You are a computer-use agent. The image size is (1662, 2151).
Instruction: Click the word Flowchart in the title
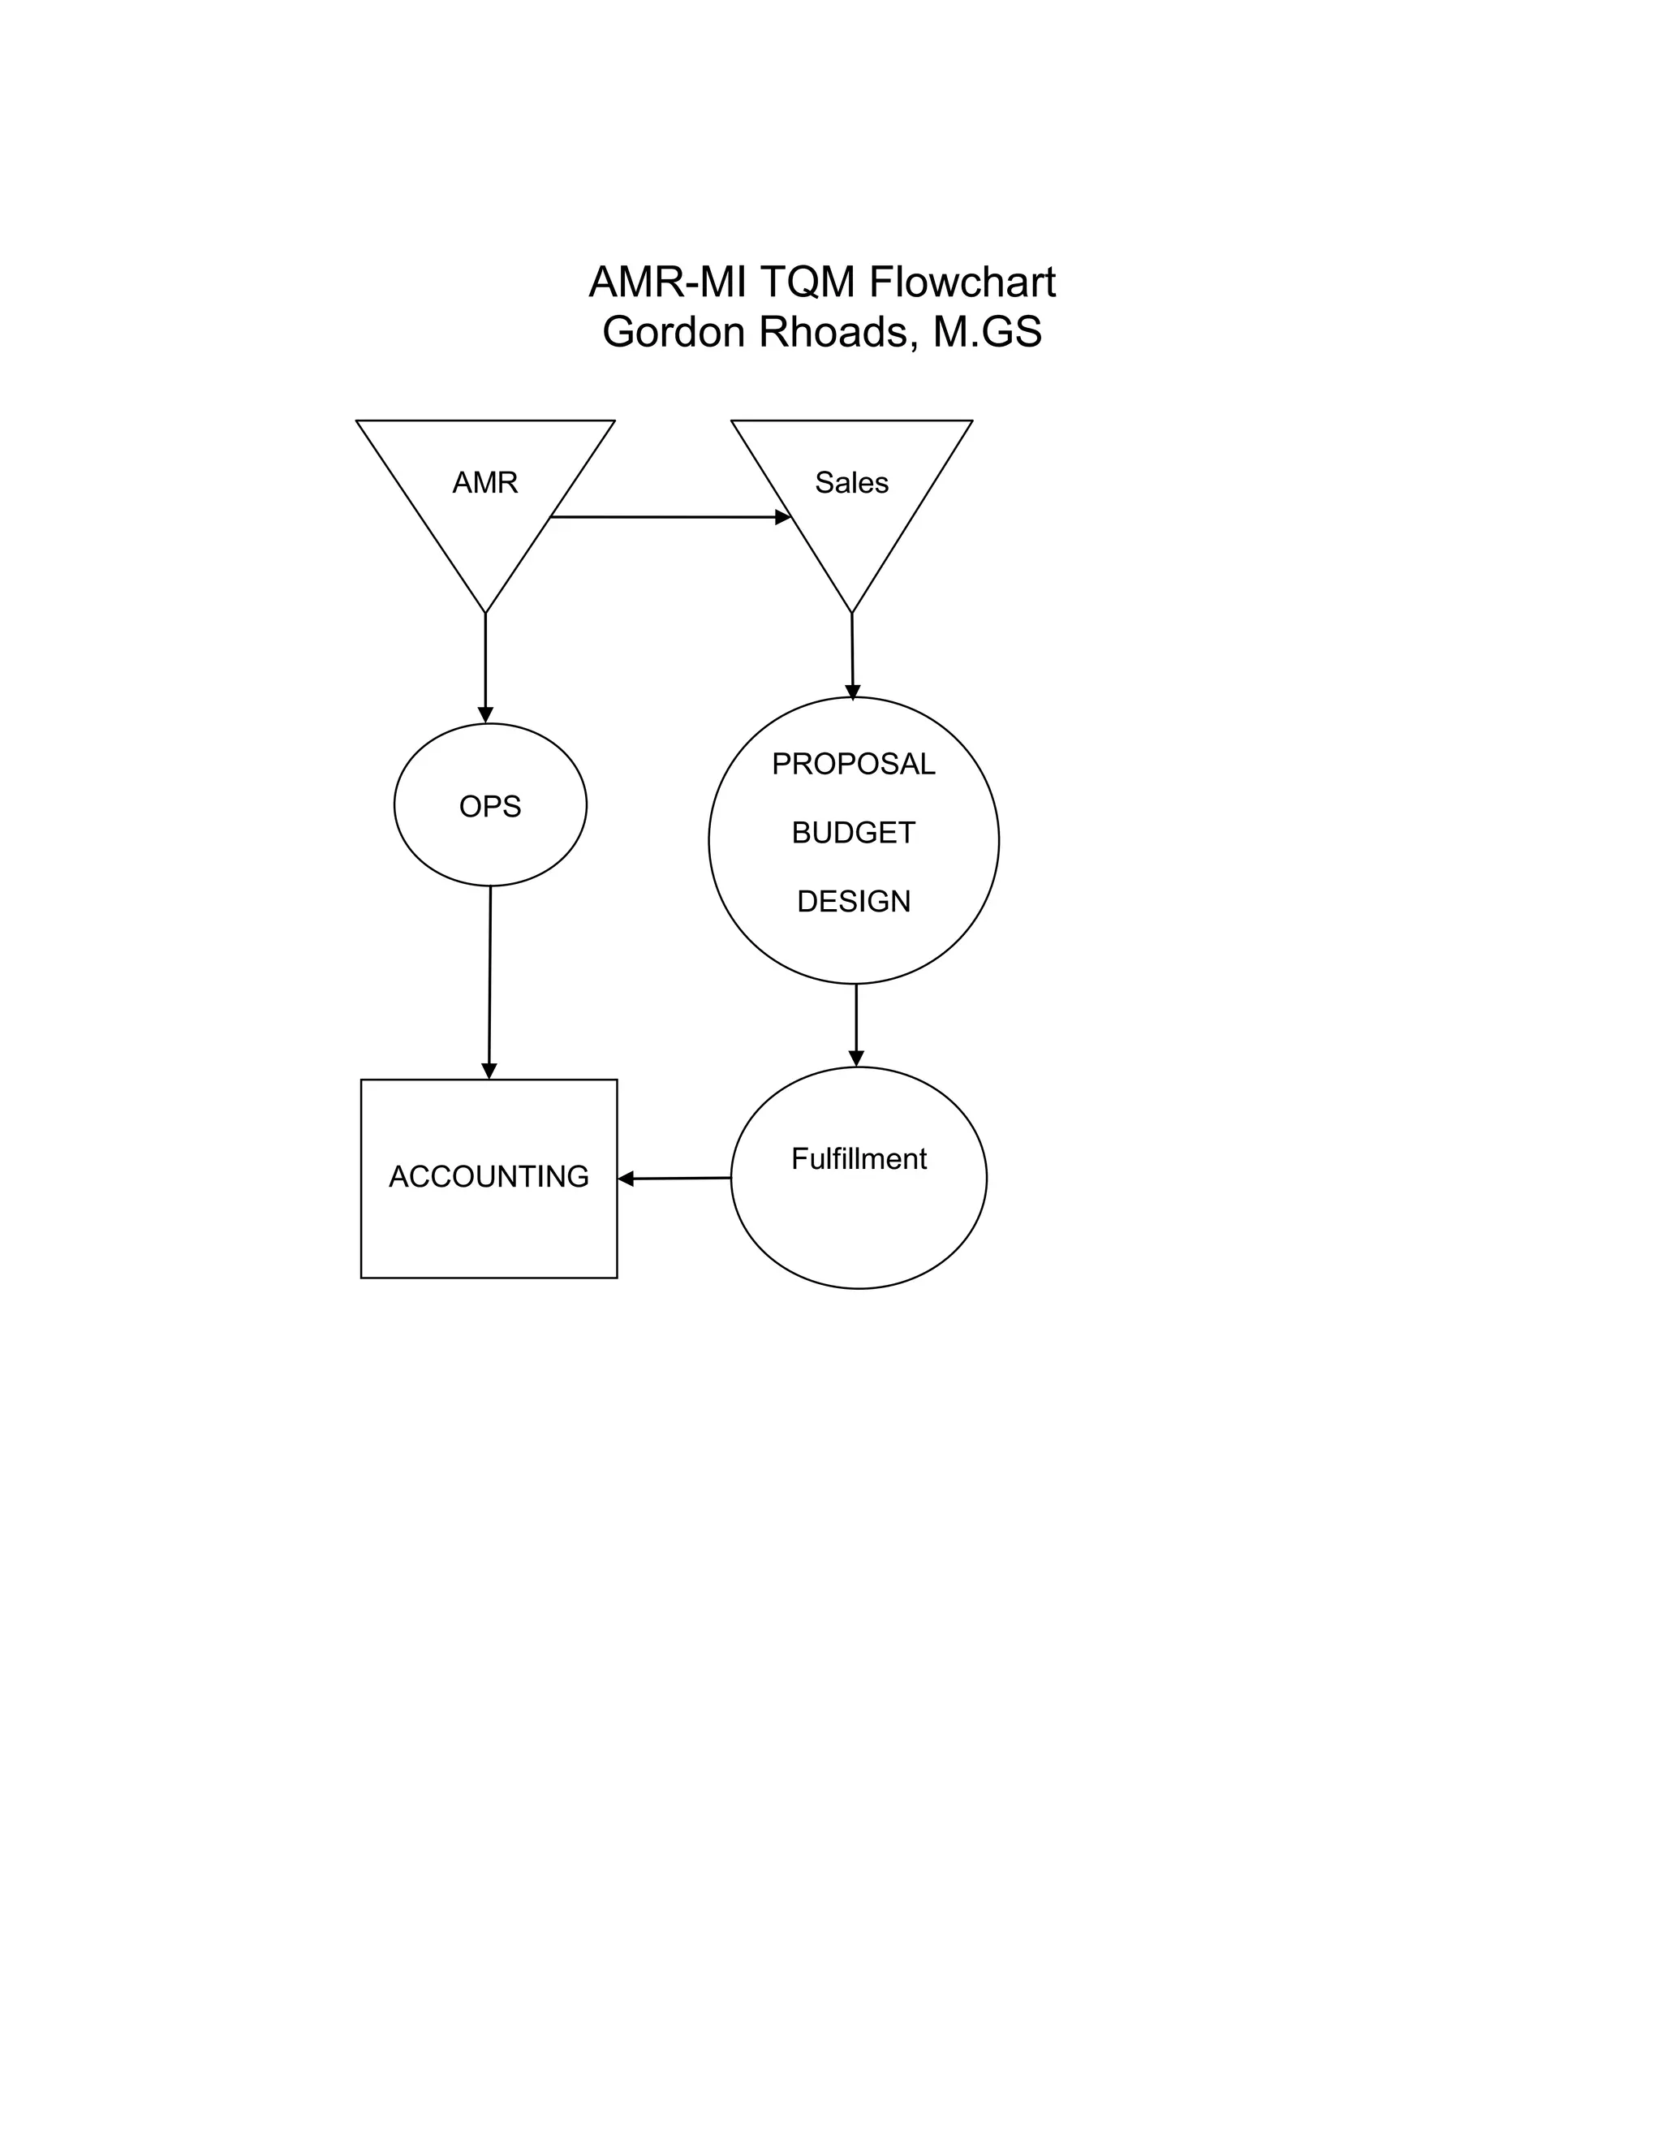pyautogui.click(x=962, y=282)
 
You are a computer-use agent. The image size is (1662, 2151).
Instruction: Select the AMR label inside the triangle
pyautogui.click(x=484, y=483)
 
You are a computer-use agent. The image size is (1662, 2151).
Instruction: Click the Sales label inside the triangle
pyautogui.click(x=851, y=483)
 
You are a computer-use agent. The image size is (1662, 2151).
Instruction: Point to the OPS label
pyautogui.click(x=490, y=807)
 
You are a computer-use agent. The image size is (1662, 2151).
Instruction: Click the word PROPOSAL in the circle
pyautogui.click(x=854, y=765)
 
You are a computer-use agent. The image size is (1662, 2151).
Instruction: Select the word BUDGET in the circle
pyautogui.click(x=854, y=834)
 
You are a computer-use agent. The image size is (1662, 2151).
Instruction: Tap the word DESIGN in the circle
pyautogui.click(x=854, y=901)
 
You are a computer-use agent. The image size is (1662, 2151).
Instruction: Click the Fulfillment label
pyautogui.click(x=859, y=1159)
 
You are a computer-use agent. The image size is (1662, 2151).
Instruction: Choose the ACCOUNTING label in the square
pyautogui.click(x=489, y=1177)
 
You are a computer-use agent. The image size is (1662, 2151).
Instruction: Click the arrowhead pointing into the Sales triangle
pyautogui.click(x=783, y=517)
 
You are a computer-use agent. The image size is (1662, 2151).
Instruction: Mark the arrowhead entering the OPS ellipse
pyautogui.click(x=485, y=714)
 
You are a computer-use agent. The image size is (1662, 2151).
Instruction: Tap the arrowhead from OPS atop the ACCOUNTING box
pyautogui.click(x=489, y=1071)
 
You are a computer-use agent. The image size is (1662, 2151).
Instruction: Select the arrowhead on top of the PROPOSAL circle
pyautogui.click(x=853, y=692)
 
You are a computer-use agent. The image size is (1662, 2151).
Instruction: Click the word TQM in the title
pyautogui.click(x=807, y=282)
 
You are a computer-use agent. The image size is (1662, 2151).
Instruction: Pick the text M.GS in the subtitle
pyautogui.click(x=988, y=333)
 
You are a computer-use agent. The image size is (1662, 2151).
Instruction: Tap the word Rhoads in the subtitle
pyautogui.click(x=832, y=333)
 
